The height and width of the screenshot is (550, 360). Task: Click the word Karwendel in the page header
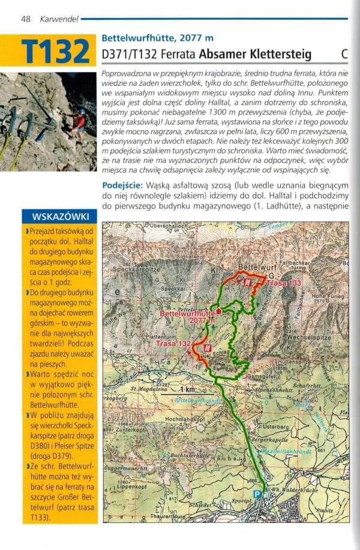tap(58, 19)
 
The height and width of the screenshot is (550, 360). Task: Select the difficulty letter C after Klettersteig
tap(344, 55)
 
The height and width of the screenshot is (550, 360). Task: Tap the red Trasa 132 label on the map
tap(173, 343)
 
